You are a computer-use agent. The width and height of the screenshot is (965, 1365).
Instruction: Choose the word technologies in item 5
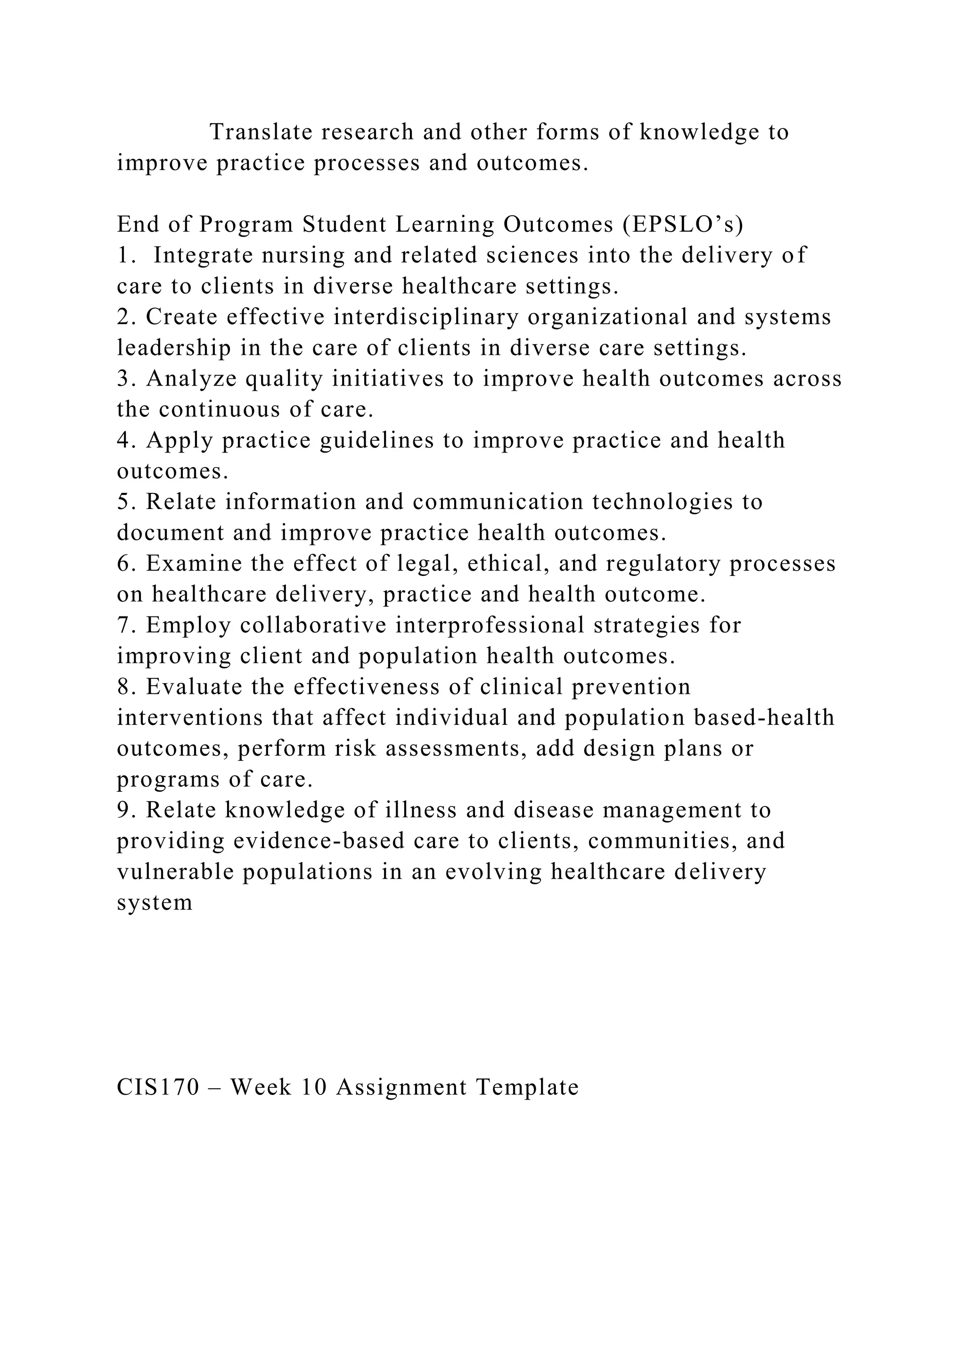point(662,502)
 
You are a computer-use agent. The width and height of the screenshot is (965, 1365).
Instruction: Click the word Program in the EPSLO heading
point(246,224)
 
